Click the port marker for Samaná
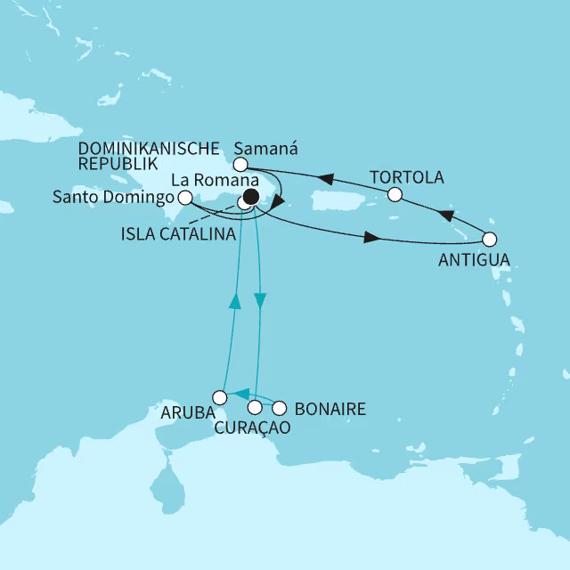(240, 164)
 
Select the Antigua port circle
(489, 239)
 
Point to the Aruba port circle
(219, 396)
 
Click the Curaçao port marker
(256, 408)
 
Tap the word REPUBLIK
(118, 165)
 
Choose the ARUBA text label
(184, 413)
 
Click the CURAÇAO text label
(253, 429)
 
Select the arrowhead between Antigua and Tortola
(445, 216)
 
